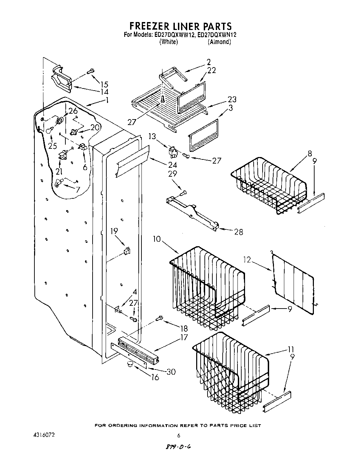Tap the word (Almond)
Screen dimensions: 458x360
tap(219, 42)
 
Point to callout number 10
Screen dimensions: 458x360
tap(157, 239)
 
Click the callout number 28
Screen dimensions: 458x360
tap(238, 232)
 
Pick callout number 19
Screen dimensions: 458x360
tap(114, 231)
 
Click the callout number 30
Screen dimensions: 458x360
tap(171, 372)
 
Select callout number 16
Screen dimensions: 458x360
tap(155, 377)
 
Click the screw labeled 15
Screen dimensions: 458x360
tap(91, 71)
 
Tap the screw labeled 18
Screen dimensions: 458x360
tap(160, 318)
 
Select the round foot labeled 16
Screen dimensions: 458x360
tap(130, 364)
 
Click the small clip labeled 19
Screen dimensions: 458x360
tap(127, 250)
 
